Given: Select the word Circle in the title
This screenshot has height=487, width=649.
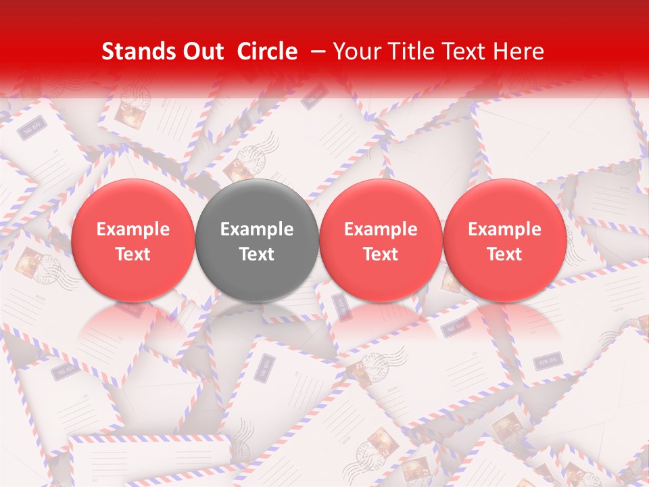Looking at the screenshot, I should [266, 51].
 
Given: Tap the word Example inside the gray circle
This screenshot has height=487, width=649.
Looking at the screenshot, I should [257, 229].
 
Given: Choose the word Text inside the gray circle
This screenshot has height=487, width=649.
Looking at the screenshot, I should [257, 254].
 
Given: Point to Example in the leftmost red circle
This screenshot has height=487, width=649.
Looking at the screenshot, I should [133, 229].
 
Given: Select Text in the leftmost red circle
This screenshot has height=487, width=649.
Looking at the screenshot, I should [133, 254].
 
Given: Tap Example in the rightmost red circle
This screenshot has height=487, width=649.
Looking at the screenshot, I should [504, 229].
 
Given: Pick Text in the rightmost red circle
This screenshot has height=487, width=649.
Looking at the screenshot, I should [504, 254].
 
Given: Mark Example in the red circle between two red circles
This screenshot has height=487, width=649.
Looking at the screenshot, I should [381, 229].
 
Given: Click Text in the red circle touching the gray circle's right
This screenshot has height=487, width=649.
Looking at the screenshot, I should [381, 254].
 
